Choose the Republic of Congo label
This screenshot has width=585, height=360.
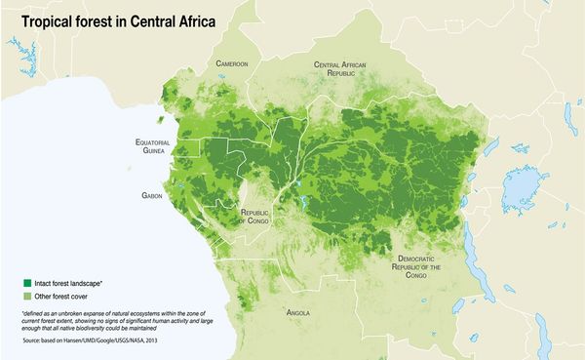[x=254, y=216]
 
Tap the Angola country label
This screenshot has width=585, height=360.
[x=298, y=313]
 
